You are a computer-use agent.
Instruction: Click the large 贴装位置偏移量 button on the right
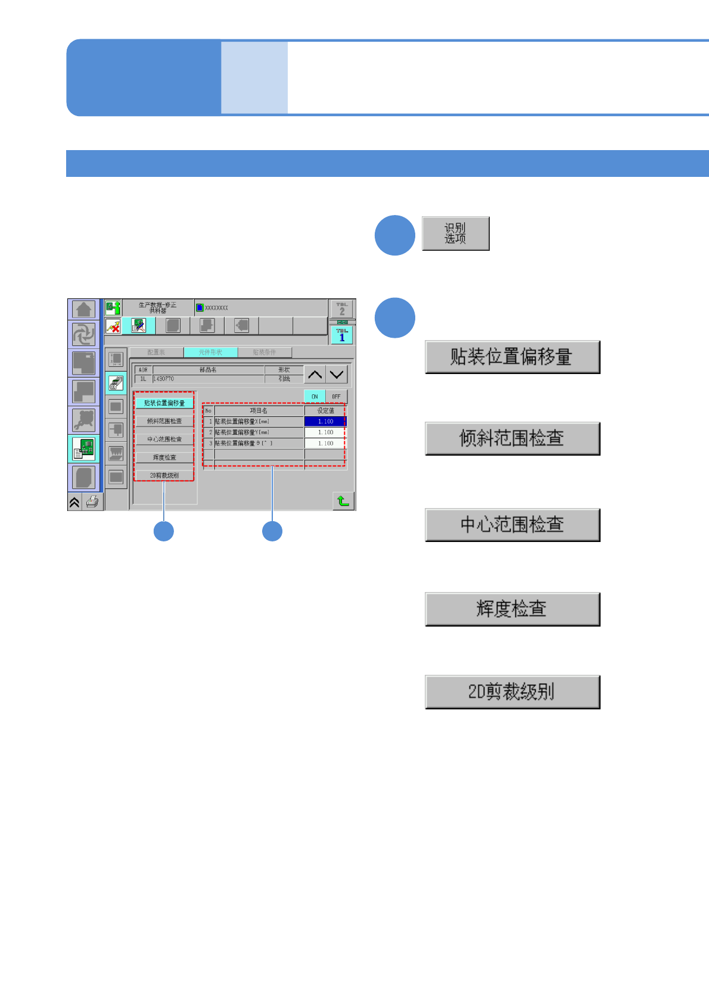point(512,357)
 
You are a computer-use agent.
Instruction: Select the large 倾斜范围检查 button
point(512,438)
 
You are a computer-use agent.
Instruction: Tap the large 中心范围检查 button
point(512,525)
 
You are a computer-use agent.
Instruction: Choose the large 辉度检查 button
point(512,609)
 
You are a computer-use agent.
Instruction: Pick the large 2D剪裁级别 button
point(512,691)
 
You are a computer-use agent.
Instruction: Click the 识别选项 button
point(455,233)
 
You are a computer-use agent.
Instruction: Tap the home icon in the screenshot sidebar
point(84,309)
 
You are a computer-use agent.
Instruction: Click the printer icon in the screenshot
point(92,502)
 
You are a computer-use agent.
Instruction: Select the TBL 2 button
point(342,309)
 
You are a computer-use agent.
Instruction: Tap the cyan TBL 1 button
point(342,335)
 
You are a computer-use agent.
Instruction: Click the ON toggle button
point(315,396)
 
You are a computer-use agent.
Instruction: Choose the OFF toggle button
point(336,396)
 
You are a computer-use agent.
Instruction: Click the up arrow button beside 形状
point(315,375)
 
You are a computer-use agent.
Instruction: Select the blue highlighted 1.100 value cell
point(325,421)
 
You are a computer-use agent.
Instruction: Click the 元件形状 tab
point(210,352)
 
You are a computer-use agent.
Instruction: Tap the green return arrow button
point(343,501)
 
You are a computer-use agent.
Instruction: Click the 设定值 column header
point(325,410)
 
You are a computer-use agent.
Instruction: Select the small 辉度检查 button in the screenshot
point(164,457)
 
